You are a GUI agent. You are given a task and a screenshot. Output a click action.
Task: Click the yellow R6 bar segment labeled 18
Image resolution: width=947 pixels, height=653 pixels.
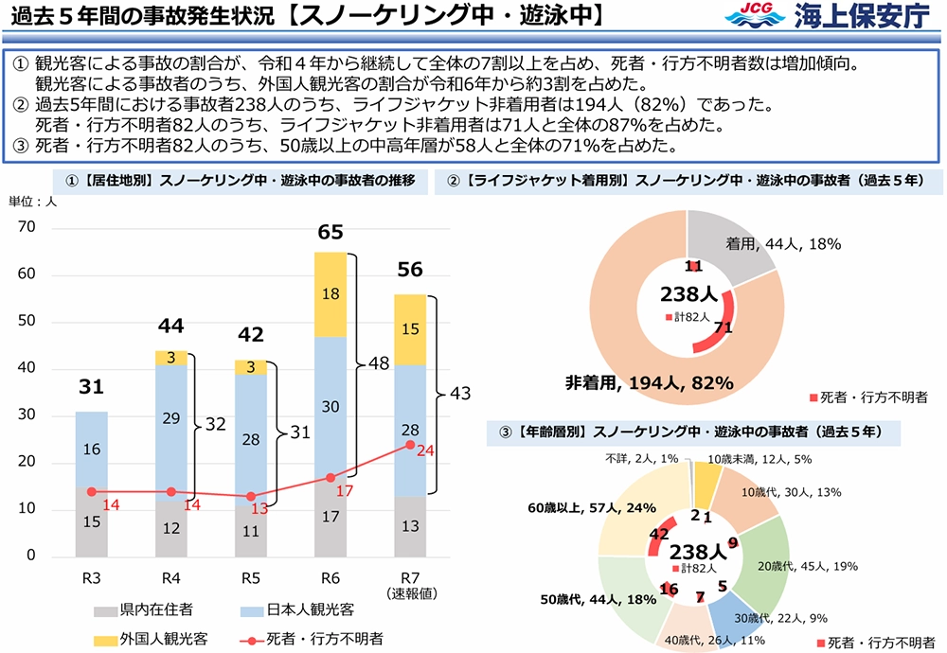point(331,294)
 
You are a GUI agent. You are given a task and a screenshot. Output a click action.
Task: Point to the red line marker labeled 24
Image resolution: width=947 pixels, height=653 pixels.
point(409,444)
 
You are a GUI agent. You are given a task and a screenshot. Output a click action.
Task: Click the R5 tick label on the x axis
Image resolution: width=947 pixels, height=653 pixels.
point(251,578)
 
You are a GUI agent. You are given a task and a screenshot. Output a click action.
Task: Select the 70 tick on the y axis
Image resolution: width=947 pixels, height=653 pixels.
point(26,227)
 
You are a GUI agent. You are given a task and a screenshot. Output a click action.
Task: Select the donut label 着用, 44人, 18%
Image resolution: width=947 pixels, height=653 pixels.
point(782,244)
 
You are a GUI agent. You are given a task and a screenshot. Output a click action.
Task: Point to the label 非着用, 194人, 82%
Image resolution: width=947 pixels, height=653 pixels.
point(649,382)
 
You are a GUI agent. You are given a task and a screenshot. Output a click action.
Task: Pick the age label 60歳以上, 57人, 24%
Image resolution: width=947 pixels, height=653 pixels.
point(581,508)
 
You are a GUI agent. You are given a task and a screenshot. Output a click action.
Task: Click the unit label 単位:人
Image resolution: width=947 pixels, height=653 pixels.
point(32,201)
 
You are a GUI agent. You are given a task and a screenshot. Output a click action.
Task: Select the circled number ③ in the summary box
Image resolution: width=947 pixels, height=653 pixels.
point(23,145)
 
